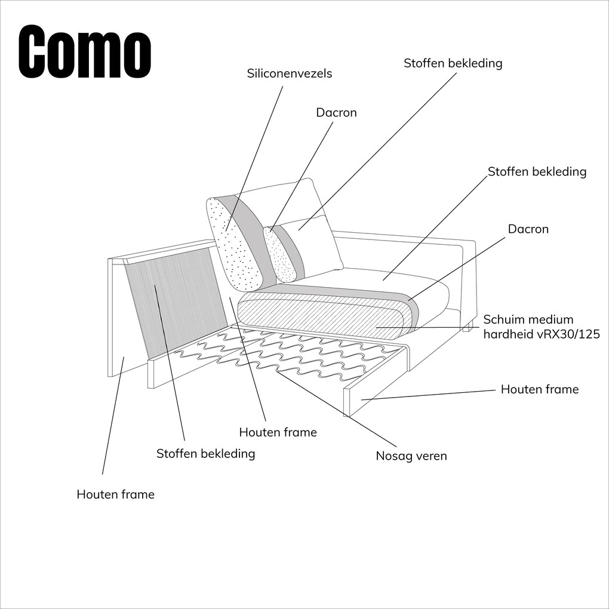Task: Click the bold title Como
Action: click(x=84, y=52)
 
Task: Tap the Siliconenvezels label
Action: click(x=290, y=73)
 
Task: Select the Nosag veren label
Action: click(x=411, y=456)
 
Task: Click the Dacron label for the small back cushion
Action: click(x=336, y=112)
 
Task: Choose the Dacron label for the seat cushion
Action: click(x=528, y=229)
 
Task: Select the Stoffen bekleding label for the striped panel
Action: click(x=205, y=454)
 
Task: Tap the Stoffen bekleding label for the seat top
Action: click(x=537, y=172)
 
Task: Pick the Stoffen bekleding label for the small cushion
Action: click(x=453, y=63)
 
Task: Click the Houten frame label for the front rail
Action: click(x=539, y=389)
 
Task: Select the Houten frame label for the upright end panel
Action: click(x=115, y=494)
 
